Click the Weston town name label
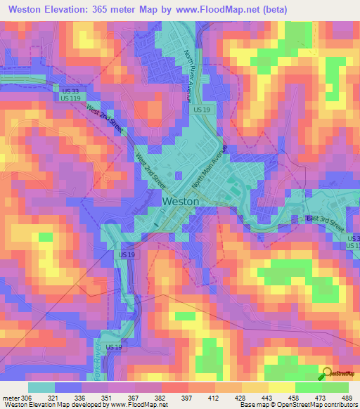pyautogui.click(x=181, y=201)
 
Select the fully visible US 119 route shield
pyautogui.click(x=70, y=99)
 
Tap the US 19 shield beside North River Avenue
pyautogui.click(x=202, y=110)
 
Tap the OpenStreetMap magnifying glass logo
pyautogui.click(x=327, y=375)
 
